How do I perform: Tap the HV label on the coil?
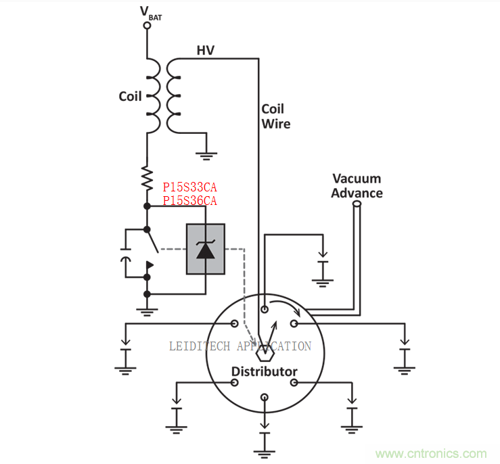pyautogui.click(x=206, y=50)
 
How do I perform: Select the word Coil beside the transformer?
pyautogui.click(x=130, y=96)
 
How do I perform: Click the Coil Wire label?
pyautogui.click(x=275, y=116)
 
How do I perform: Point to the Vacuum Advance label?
pyautogui.click(x=357, y=186)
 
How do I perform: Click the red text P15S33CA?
pyautogui.click(x=189, y=187)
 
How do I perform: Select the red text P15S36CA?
pyautogui.click(x=189, y=200)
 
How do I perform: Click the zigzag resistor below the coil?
pyautogui.click(x=147, y=177)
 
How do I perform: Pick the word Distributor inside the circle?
pyautogui.click(x=264, y=371)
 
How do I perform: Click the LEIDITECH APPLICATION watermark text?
pyautogui.click(x=240, y=346)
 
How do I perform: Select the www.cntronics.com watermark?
pyautogui.click(x=431, y=454)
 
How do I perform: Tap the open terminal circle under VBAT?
pyautogui.click(x=147, y=26)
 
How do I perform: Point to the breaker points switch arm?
pyautogui.click(x=152, y=240)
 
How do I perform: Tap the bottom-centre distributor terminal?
pyautogui.click(x=264, y=400)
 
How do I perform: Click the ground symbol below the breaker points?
pyautogui.click(x=147, y=312)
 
